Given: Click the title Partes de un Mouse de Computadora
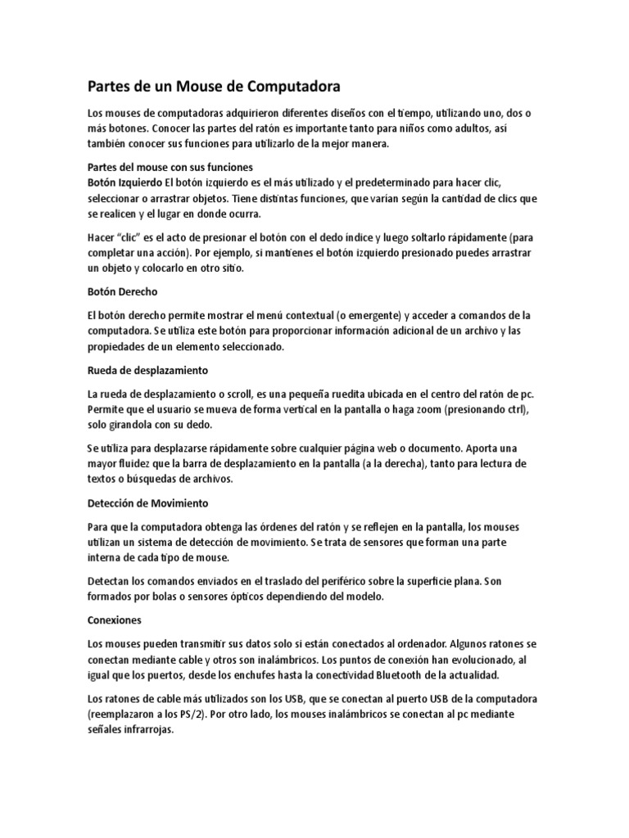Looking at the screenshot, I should tap(213, 86).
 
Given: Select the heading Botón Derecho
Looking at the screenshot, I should tap(122, 291).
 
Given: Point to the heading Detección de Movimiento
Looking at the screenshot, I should tap(148, 502).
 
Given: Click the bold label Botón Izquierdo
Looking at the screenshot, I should tap(124, 181).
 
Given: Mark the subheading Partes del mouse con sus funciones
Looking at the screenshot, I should tap(164, 166).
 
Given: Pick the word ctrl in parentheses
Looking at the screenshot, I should tap(521, 409).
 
